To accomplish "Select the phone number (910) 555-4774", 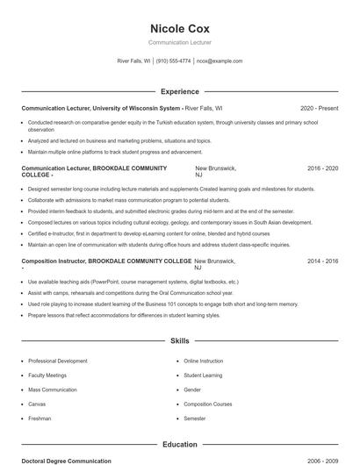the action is pos(174,61).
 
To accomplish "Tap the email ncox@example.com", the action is pos(220,61).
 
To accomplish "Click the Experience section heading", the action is pos(180,91).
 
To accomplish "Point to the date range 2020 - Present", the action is pos(319,108).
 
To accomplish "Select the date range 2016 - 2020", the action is pos(322,168).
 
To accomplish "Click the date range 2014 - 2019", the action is pos(322,261).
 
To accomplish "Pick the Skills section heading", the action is pos(180,340).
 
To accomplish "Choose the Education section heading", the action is pos(180,444).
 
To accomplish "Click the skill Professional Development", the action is pos(58,361).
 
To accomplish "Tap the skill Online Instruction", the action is pos(204,361).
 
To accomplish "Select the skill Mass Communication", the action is pos(54,390).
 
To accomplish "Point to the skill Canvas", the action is pos(37,404).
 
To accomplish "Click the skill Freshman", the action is pos(40,418).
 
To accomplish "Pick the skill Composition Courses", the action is pos(207,404).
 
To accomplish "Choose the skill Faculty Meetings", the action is pos(47,376).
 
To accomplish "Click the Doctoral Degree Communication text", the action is pos(67,461).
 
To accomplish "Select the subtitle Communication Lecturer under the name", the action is pos(180,42).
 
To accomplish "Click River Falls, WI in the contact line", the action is pos(134,61).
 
